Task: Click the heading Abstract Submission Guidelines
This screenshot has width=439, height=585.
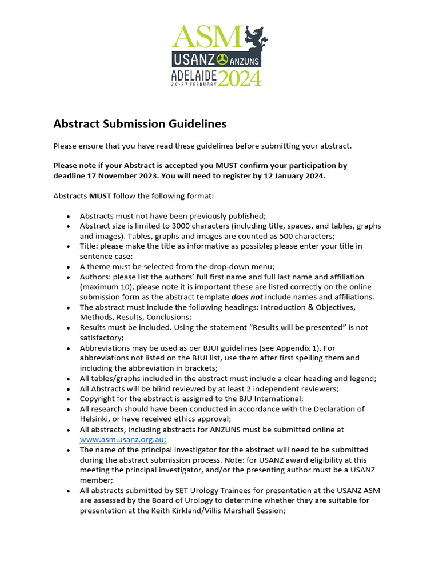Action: click(140, 124)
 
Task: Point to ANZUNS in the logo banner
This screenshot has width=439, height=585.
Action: click(245, 59)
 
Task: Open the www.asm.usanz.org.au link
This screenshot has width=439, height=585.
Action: click(123, 440)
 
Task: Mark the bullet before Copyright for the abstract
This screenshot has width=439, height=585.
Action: click(69, 399)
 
